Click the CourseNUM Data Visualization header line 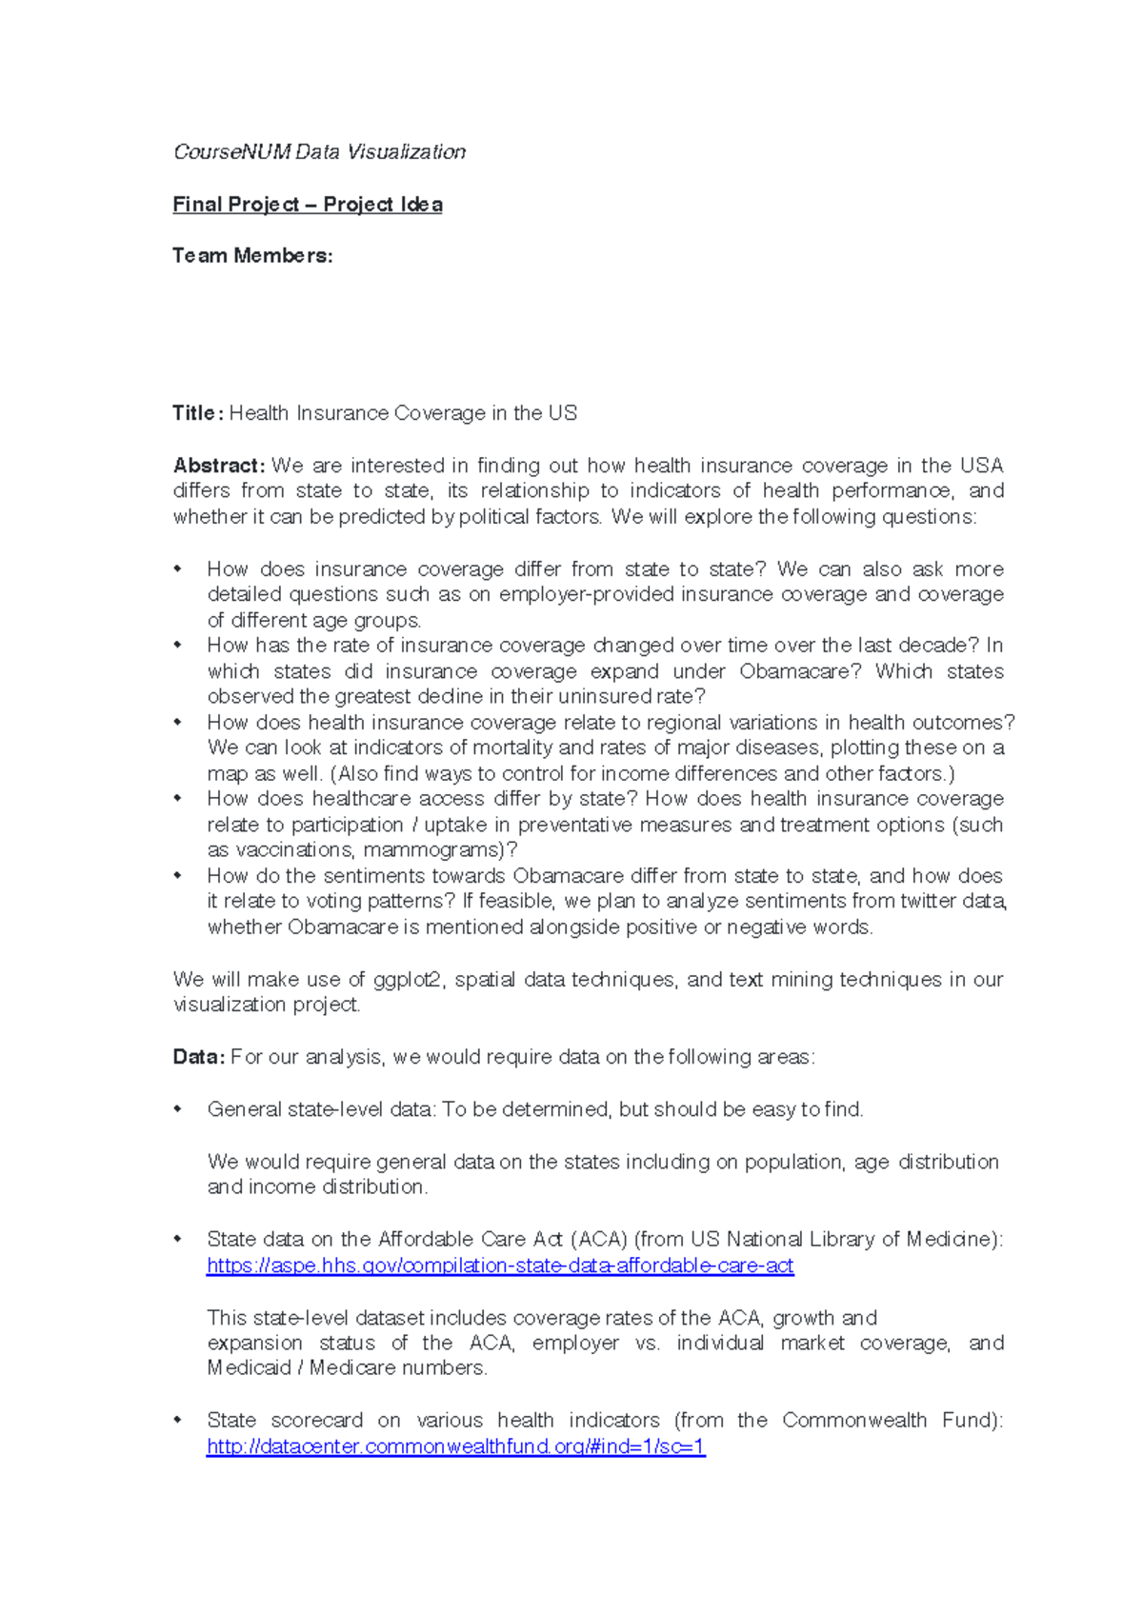coord(319,152)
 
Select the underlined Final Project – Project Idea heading coord(307,205)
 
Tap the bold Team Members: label coord(252,256)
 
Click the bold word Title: coord(197,413)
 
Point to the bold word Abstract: coord(218,466)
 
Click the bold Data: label coord(198,1057)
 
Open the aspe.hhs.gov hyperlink coord(500,1266)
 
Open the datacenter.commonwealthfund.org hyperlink coord(455,1446)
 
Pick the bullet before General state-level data coord(177,1109)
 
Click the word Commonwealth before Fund coord(853,1421)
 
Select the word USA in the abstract coord(981,466)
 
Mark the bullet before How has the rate coord(177,646)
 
